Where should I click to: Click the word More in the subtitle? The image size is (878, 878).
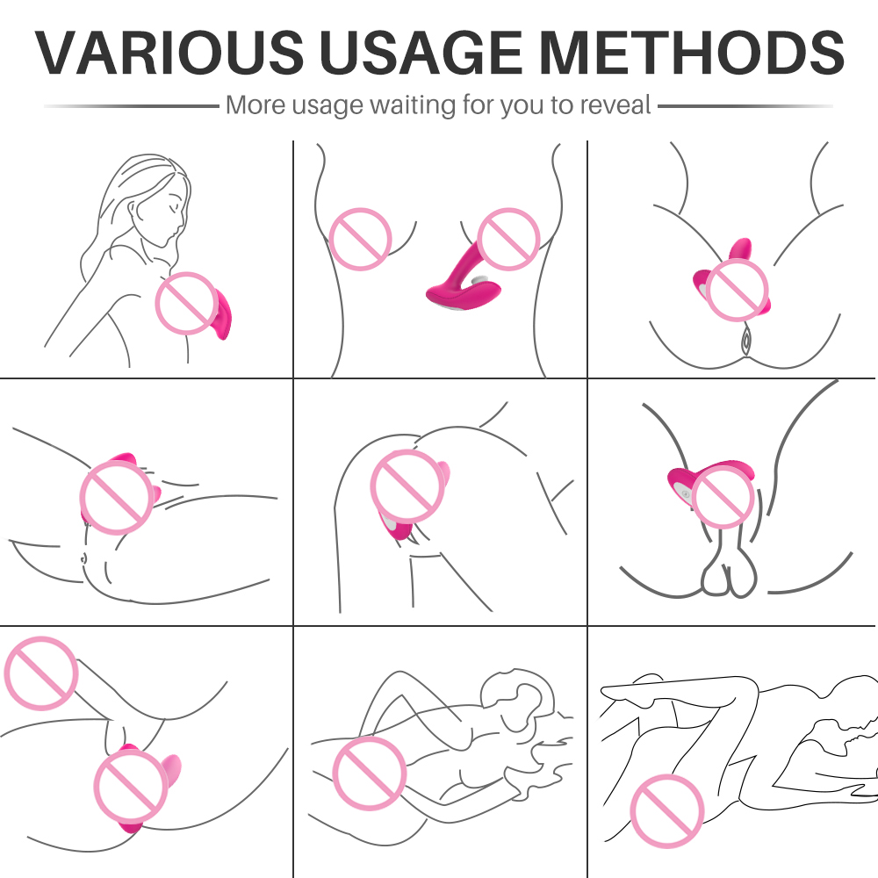coord(255,104)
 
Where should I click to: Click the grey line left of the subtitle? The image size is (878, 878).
coord(132,105)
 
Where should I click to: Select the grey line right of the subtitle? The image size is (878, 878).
coord(745,105)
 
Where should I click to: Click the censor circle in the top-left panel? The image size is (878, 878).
coord(186,304)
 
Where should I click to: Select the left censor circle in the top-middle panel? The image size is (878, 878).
coord(360,239)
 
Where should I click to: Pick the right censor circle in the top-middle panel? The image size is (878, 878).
coord(508,239)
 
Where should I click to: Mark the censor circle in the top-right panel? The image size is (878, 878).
coord(737,290)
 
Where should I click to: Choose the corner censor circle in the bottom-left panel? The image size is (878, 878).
coord(41,673)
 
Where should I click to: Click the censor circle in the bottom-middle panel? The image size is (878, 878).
coord(369,774)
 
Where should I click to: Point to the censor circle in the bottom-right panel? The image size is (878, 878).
coord(667,810)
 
